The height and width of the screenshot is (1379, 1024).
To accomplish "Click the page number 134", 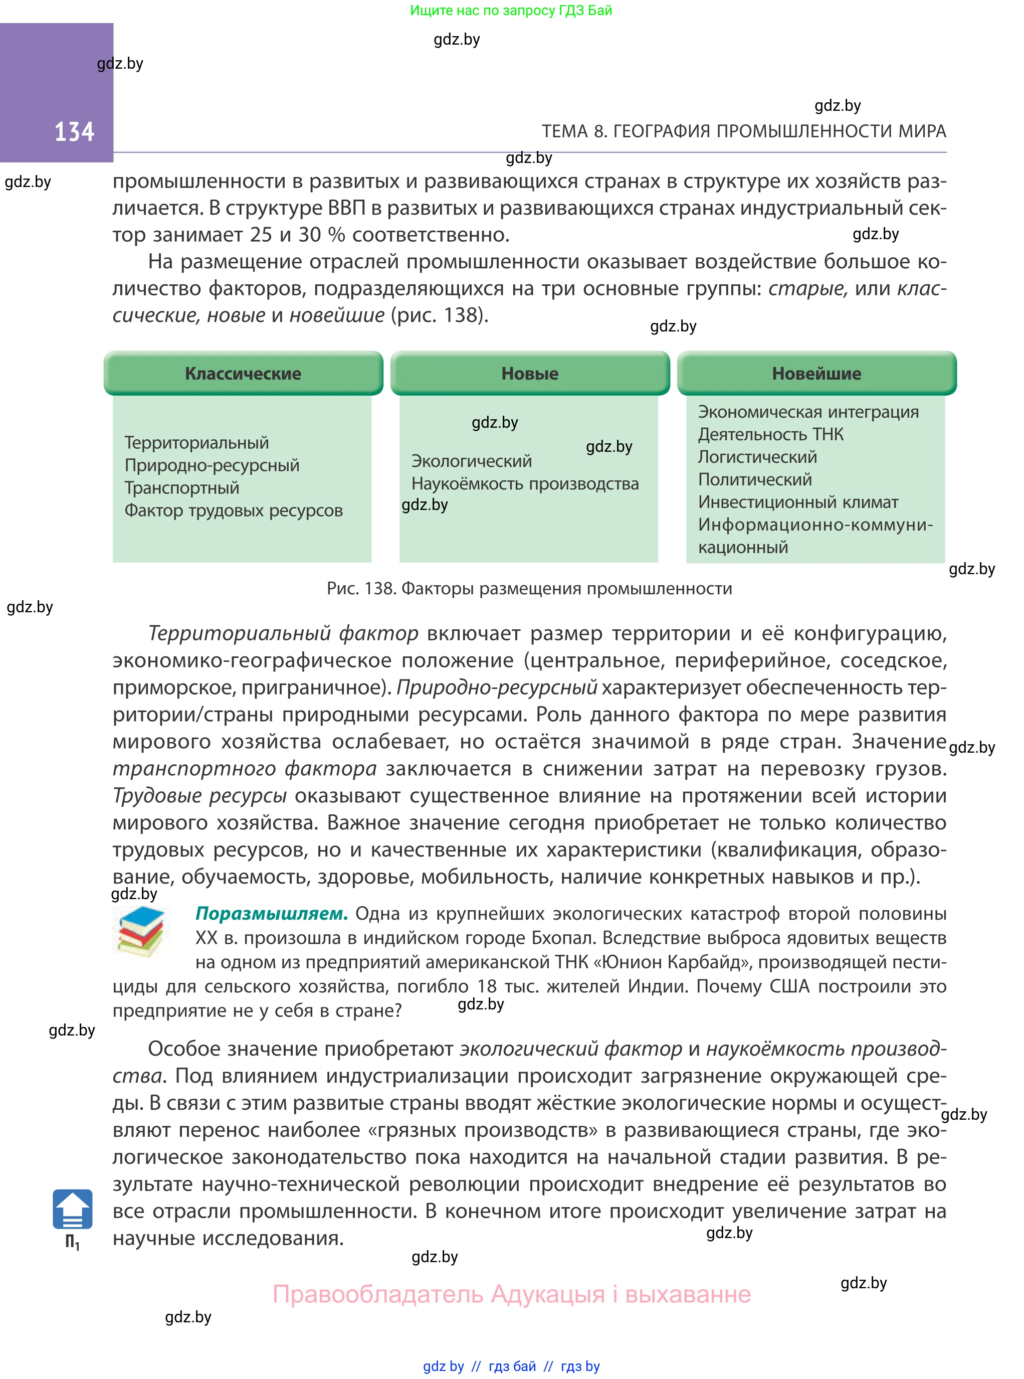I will tap(74, 131).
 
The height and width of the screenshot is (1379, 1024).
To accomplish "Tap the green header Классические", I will tap(243, 373).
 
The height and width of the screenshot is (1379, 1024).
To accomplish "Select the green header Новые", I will tap(529, 373).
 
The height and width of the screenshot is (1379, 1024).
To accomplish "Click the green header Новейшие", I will tap(816, 373).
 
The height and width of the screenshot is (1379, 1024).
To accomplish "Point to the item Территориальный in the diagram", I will tap(196, 443).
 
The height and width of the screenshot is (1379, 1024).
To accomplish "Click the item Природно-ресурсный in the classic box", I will tap(212, 465).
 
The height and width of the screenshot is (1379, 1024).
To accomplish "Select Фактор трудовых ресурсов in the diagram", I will tap(233, 510).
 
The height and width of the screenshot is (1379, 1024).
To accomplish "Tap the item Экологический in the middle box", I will tap(471, 461).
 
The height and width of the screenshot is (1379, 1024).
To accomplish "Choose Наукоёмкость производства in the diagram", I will tap(524, 483).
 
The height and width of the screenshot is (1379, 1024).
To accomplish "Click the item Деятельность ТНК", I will tap(770, 434).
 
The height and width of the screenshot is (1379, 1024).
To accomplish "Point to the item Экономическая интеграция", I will tap(807, 412).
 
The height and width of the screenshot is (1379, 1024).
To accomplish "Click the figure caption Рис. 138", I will tap(529, 588).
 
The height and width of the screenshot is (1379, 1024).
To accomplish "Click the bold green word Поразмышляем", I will tap(272, 913).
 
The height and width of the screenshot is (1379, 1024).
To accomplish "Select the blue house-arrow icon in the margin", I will tap(73, 1209).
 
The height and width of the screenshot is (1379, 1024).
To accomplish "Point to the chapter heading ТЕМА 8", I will tap(743, 131).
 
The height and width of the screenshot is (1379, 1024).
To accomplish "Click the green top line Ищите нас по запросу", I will tap(511, 11).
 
